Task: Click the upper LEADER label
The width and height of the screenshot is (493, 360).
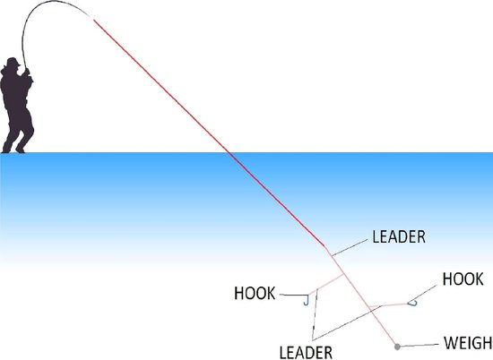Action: pyautogui.click(x=399, y=236)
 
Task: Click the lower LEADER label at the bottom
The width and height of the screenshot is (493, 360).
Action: pyautogui.click(x=306, y=353)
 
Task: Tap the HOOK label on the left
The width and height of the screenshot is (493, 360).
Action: pyautogui.click(x=255, y=293)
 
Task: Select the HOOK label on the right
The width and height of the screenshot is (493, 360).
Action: pyautogui.click(x=463, y=279)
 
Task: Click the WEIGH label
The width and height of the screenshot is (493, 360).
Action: pyautogui.click(x=468, y=343)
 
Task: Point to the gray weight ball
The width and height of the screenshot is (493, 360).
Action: pyautogui.click(x=397, y=347)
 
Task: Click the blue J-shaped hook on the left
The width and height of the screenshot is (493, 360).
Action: pyautogui.click(x=306, y=302)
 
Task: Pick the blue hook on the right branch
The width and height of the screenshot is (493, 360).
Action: pyautogui.click(x=412, y=304)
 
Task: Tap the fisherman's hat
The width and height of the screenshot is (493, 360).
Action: pyautogui.click(x=12, y=62)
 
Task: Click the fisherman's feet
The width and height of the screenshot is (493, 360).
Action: pyautogui.click(x=13, y=150)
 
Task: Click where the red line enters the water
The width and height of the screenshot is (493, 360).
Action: pyautogui.click(x=229, y=153)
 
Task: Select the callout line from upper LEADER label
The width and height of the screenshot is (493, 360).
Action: pyautogui.click(x=350, y=247)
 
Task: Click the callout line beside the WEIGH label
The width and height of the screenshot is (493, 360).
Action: pyautogui.click(x=419, y=346)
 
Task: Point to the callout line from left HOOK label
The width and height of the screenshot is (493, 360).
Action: pyautogui.click(x=293, y=295)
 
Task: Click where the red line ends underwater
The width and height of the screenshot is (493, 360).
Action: pyautogui.click(x=324, y=246)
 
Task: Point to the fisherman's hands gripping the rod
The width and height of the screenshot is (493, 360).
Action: pyautogui.click(x=27, y=73)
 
